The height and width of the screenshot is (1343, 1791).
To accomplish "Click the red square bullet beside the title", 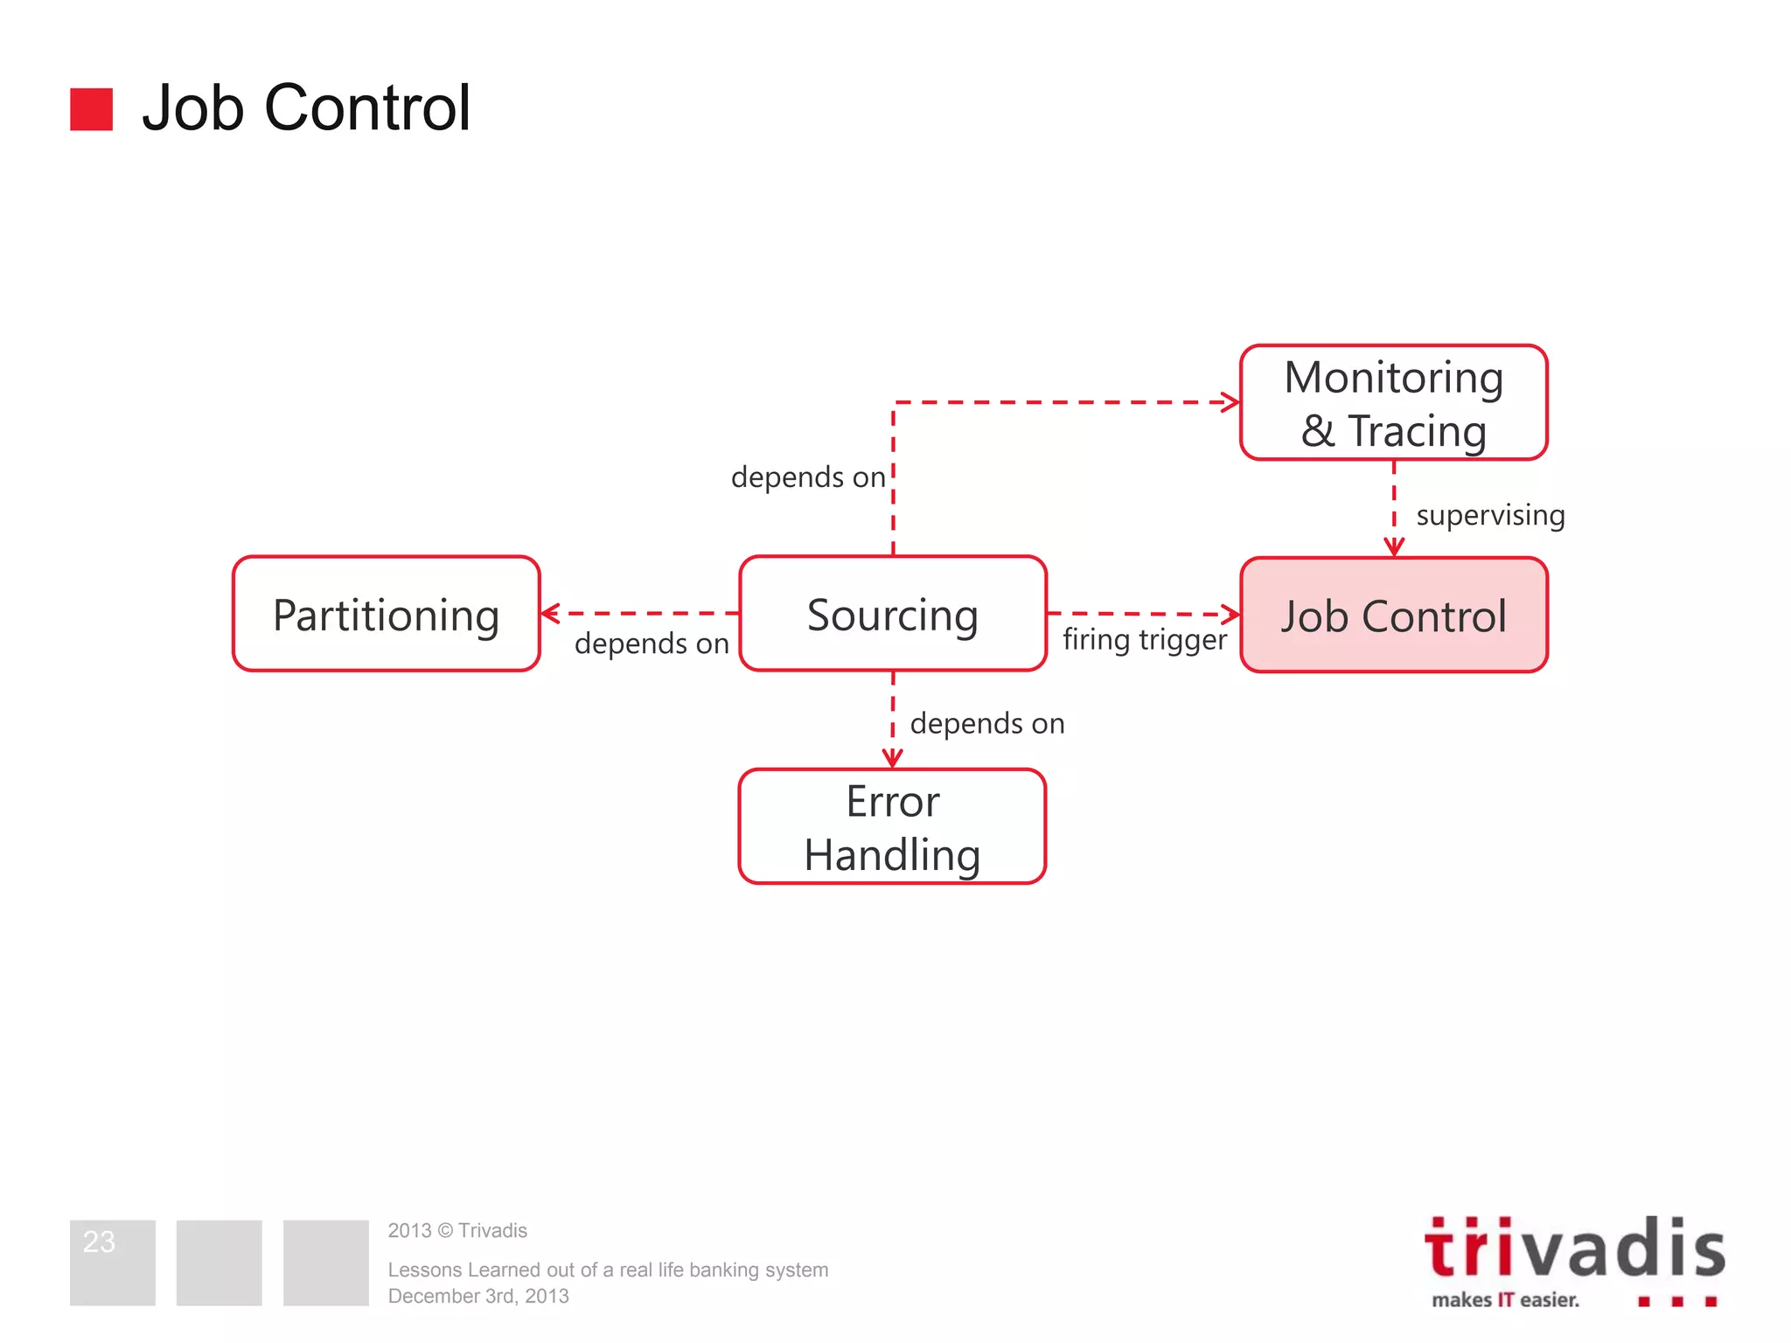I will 91,109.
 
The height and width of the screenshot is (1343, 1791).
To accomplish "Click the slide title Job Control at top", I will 306,108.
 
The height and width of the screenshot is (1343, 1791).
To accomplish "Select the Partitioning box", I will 386,614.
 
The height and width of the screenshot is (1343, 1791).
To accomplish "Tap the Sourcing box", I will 892,614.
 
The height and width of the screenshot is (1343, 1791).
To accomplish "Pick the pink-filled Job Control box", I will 1393,615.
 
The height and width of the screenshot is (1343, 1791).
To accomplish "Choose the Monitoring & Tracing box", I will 1393,403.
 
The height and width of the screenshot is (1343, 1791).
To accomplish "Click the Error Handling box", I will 892,827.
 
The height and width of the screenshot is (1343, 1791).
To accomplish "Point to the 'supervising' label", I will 1490,515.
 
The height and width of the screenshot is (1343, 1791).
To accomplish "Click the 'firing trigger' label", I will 1144,640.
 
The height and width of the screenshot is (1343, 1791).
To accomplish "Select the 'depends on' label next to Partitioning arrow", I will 652,644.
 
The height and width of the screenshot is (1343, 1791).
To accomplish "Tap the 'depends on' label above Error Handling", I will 987,724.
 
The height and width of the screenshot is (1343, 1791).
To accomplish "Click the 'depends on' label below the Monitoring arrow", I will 808,477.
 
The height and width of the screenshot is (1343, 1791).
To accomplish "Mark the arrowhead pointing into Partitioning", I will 550,614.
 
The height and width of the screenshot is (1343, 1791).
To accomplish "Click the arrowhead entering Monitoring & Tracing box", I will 1231,402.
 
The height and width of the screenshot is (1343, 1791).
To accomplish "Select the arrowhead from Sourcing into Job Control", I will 1231,615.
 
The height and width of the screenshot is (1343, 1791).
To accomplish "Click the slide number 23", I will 99,1242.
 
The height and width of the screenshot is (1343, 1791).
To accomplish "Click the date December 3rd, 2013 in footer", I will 478,1297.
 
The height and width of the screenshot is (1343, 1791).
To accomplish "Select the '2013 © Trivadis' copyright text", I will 457,1231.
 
